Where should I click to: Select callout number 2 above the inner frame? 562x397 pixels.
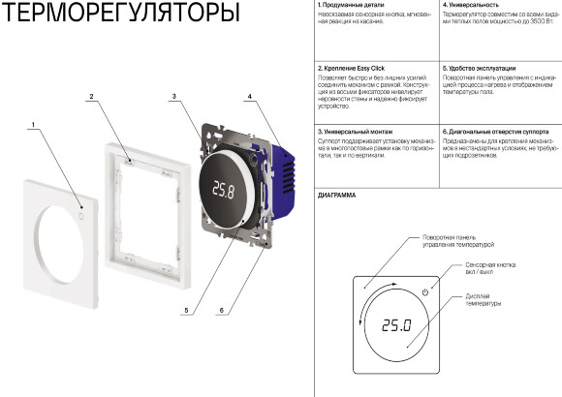click(x=90, y=97)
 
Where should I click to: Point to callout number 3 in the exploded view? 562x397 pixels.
click(x=172, y=97)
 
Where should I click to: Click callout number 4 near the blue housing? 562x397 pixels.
click(x=249, y=97)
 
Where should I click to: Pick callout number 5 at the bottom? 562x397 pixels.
click(x=186, y=311)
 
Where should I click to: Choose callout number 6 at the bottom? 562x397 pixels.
click(x=222, y=311)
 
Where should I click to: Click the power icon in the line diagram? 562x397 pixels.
click(x=424, y=292)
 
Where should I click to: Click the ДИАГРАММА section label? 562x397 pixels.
click(x=336, y=196)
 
